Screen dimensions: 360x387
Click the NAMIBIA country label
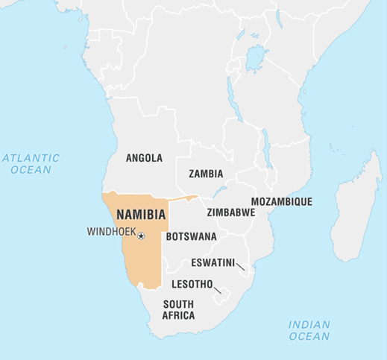(x=140, y=214)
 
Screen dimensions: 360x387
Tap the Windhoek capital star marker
(x=141, y=236)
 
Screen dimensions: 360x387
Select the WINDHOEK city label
(x=111, y=232)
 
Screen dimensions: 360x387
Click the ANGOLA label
(x=144, y=158)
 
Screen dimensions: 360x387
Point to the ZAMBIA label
(x=206, y=174)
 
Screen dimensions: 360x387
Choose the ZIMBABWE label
(x=230, y=212)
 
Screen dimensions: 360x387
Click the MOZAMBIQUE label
(x=281, y=201)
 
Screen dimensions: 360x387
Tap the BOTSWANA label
(x=191, y=236)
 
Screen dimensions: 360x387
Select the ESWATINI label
(x=213, y=262)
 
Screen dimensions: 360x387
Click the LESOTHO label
(x=192, y=284)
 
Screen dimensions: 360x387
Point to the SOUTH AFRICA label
(x=179, y=310)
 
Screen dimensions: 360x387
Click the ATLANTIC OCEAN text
(x=31, y=164)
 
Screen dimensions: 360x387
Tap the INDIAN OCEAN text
(x=309, y=330)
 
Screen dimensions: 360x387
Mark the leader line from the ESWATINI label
(x=241, y=268)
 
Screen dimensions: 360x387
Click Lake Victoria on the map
(x=257, y=56)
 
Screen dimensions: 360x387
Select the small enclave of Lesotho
(x=222, y=297)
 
